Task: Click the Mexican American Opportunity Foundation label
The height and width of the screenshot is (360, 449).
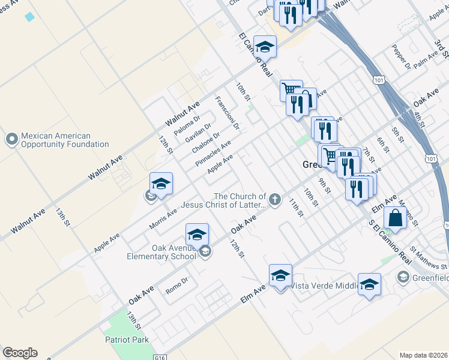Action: pos(65,140)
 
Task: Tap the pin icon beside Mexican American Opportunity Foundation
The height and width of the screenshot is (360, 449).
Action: pos(11,140)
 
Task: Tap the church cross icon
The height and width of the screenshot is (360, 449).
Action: pos(275,200)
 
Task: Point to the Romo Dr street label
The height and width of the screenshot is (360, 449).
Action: pos(177,284)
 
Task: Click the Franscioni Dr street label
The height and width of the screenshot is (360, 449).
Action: pos(228,113)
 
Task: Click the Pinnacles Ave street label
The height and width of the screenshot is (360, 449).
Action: pos(213,154)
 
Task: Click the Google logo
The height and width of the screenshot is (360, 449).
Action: pos(20,353)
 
